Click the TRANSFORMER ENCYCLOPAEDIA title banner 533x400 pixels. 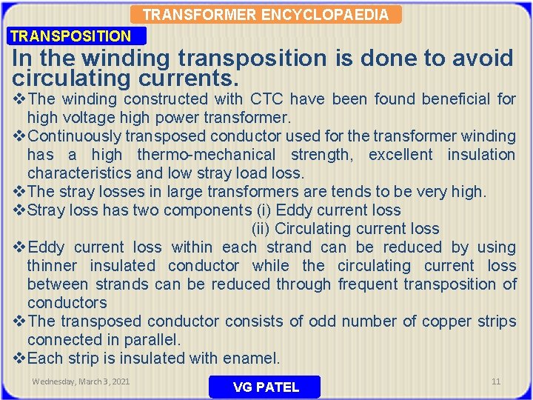click(265, 14)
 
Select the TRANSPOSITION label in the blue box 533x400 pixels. click(71, 36)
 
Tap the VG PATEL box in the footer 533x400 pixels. click(265, 387)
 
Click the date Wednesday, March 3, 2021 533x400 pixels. click(81, 381)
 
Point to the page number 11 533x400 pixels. click(496, 381)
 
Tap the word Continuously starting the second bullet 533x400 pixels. click(75, 136)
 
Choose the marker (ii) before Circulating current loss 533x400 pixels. click(261, 229)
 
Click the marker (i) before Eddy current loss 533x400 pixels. click(263, 210)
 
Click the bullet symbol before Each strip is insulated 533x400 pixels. click(20, 359)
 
